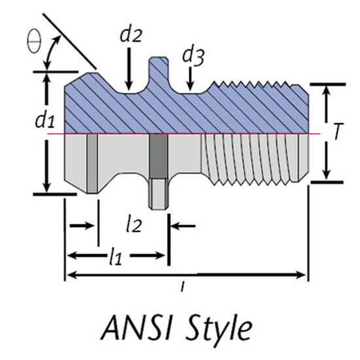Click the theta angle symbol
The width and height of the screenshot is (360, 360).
click(34, 42)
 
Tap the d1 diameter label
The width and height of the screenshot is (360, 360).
click(45, 120)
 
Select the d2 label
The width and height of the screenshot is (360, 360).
click(131, 35)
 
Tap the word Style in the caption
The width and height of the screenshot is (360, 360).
click(219, 329)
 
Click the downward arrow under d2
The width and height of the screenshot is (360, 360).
click(129, 69)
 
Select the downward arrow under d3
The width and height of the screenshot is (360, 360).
click(190, 79)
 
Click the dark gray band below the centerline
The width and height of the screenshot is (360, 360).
click(158, 156)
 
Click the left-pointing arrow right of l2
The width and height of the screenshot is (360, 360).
click(183, 226)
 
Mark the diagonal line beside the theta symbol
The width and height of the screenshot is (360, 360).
click(69, 41)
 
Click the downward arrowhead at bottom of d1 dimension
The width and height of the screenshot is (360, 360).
click(46, 187)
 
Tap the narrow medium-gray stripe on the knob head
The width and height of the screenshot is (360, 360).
click(92, 163)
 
